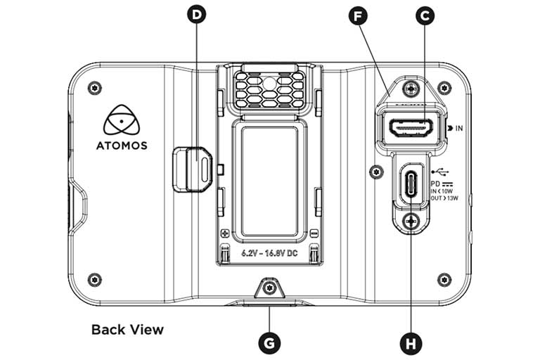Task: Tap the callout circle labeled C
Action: [424, 15]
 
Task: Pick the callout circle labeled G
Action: [269, 343]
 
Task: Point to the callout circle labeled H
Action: [411, 343]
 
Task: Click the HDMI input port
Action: [411, 129]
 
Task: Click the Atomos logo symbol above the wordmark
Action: [121, 120]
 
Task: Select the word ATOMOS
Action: [121, 146]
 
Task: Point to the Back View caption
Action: [127, 329]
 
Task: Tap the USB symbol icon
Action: [440, 171]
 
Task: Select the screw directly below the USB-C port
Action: [411, 221]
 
